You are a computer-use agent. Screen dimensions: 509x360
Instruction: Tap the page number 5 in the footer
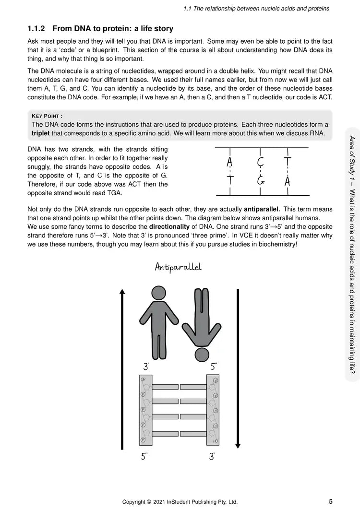pyautogui.click(x=331, y=501)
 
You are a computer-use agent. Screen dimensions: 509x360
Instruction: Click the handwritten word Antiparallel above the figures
pyautogui.click(x=178, y=267)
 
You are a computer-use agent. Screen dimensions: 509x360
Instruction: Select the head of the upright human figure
pyautogui.click(x=158, y=294)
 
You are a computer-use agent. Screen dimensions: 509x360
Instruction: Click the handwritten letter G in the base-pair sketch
pyautogui.click(x=261, y=181)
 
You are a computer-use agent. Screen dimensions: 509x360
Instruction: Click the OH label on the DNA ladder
pyautogui.click(x=143, y=380)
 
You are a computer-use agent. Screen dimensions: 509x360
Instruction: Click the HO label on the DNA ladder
pyautogui.click(x=216, y=440)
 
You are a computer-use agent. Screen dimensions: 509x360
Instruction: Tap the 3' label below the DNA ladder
pyautogui.click(x=212, y=457)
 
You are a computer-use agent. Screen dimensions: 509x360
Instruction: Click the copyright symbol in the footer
pyautogui.click(x=156, y=502)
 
